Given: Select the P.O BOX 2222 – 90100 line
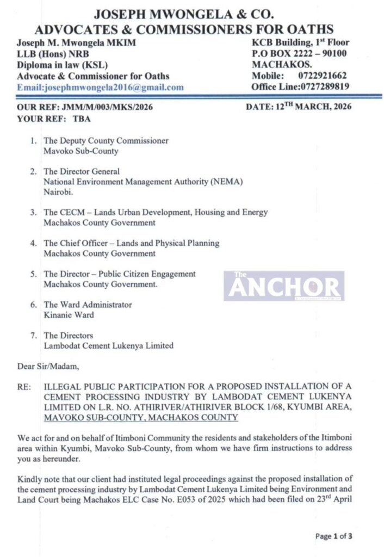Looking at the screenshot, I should [x=299, y=53].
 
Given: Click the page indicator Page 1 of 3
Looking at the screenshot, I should [x=333, y=536].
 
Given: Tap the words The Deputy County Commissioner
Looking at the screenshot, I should [x=106, y=140].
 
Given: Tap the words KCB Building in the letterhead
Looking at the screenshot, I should [x=280, y=42].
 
